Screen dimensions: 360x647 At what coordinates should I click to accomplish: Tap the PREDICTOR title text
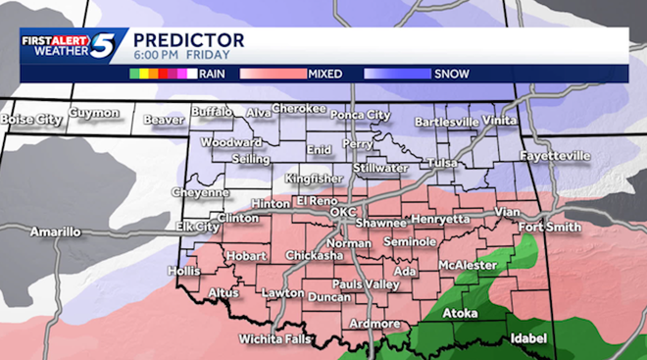(188, 39)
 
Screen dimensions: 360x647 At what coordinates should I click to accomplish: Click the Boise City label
(31, 120)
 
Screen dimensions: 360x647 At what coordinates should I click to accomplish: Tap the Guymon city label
(94, 114)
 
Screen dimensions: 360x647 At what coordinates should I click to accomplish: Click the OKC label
(344, 212)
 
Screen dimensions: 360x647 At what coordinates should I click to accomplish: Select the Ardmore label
(373, 324)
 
